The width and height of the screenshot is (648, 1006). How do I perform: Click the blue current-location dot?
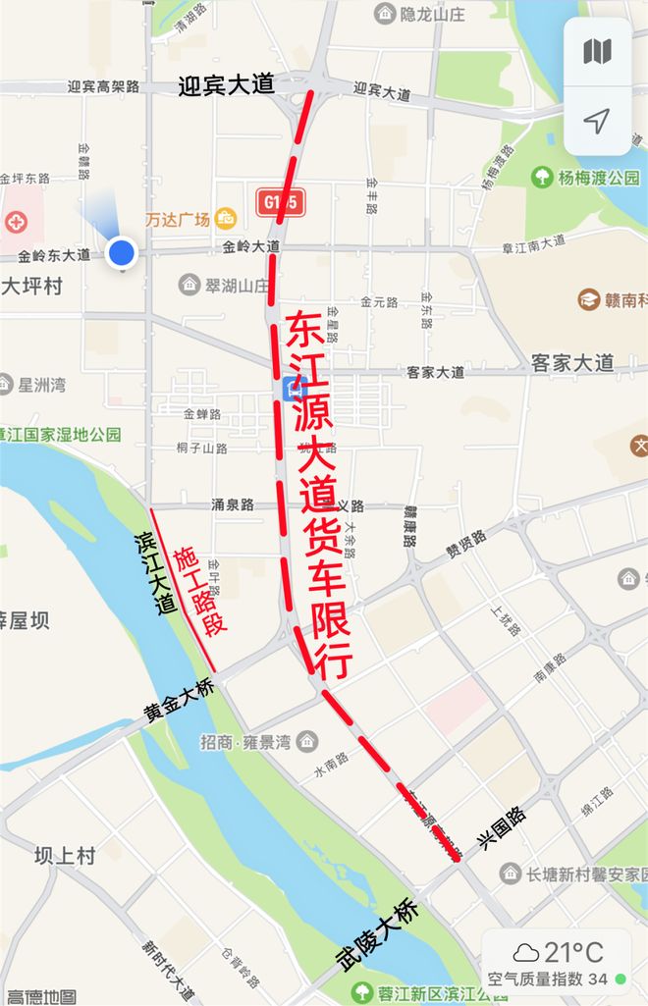coord(122,252)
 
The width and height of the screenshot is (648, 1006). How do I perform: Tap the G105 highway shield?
coord(280,203)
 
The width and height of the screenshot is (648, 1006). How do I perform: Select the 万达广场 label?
coord(179,219)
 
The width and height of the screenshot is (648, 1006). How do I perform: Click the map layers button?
coord(597,52)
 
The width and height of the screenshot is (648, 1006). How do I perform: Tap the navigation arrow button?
coord(597,121)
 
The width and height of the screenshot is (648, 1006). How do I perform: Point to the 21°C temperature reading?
coord(573,952)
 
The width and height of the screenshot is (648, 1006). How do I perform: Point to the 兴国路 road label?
coord(502,829)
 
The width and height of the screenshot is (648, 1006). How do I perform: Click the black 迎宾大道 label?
coord(227,85)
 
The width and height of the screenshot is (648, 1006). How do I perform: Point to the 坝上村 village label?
coord(65,856)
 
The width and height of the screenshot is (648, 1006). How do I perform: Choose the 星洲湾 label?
coord(41,384)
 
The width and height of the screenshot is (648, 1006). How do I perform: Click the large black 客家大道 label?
coord(572,362)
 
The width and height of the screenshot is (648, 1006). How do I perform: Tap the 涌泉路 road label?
coord(233,504)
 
